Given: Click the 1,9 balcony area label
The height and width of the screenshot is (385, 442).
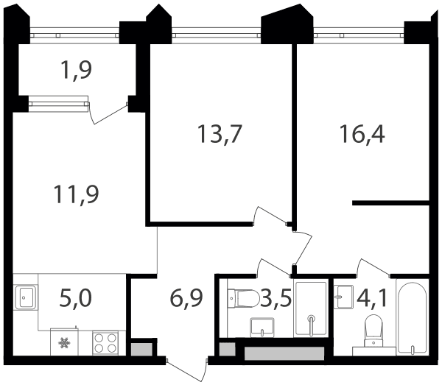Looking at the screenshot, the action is point(76,70).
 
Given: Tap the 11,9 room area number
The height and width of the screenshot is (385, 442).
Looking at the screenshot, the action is point(76,194).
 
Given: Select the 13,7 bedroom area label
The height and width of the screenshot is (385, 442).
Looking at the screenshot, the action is point(220,134).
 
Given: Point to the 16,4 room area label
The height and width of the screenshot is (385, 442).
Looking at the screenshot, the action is point(362,134).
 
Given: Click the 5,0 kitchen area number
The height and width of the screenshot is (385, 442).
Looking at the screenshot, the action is point(76,298).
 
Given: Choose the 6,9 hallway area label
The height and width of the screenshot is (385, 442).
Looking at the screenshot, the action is point(186,298).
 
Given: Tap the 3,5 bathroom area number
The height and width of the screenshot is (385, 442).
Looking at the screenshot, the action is point(276,298).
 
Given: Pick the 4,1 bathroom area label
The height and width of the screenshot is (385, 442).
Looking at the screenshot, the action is point(372,298).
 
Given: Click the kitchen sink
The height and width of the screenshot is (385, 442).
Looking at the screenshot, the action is point(27,297).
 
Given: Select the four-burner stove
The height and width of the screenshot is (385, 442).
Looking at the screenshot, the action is point(105,343).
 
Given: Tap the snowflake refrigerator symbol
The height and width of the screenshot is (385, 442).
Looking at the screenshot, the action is point(64,343).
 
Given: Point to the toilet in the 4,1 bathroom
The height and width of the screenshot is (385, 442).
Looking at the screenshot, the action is point(373,331).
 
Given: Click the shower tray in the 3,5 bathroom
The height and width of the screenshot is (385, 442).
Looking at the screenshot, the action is point(311,308).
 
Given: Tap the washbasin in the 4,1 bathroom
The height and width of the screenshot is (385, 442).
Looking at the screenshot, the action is point(343,297).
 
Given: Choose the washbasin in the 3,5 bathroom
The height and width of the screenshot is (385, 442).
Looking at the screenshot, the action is point(262,328).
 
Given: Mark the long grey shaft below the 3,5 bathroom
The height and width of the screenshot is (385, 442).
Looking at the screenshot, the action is point(284,353).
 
